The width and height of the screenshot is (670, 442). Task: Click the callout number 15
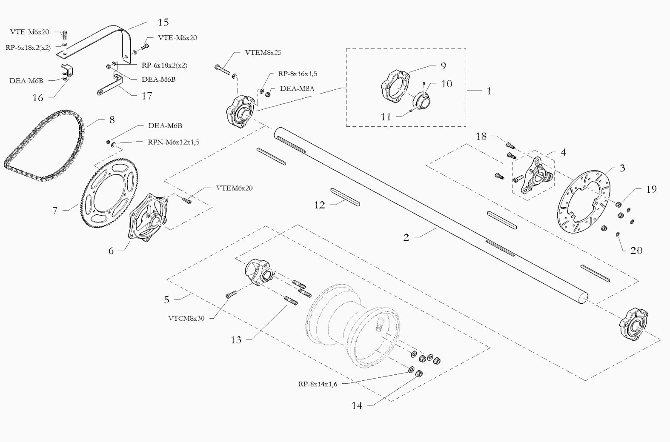pos(163,22)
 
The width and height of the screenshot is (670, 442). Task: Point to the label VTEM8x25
pos(263,53)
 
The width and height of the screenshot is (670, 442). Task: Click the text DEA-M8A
pos(297,89)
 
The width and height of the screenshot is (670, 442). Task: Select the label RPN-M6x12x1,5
pos(174,142)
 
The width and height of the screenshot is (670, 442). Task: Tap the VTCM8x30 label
pos(186,318)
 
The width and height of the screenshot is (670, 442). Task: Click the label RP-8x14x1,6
pos(318,384)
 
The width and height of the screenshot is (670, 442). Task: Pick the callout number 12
pos(319,205)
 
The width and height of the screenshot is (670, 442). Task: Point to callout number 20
pos(636,251)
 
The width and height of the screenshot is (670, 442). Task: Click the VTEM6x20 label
pos(234,188)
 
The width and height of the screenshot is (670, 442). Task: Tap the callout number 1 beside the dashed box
pos(489,91)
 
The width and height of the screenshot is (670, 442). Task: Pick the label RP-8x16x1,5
pos(298,74)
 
